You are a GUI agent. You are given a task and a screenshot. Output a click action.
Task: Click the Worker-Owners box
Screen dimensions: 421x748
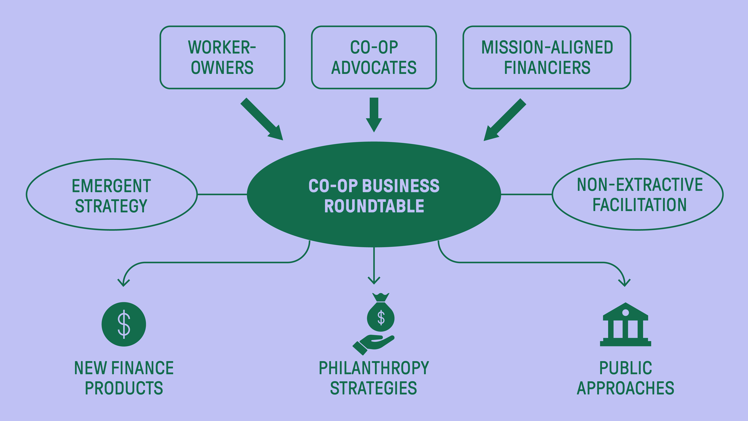tap(222, 57)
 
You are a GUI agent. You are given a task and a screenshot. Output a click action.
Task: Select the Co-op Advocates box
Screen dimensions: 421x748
tap(374, 57)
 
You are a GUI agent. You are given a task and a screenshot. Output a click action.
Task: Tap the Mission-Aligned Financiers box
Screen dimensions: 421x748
tap(547, 57)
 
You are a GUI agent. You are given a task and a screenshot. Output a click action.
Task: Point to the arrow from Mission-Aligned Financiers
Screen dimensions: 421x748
tap(505, 119)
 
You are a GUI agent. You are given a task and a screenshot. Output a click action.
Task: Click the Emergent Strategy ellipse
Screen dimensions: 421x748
tap(111, 195)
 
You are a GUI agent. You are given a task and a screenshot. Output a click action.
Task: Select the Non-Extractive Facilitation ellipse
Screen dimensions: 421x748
tap(638, 195)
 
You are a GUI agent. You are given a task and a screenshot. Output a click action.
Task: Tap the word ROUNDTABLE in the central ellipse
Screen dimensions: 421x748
tap(374, 206)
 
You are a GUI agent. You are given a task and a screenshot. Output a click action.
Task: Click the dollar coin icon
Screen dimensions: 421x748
tap(124, 324)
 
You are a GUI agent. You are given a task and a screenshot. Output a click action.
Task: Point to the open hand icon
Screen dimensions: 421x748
tap(373, 344)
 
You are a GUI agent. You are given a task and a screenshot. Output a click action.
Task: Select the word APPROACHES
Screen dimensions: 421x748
tap(626, 388)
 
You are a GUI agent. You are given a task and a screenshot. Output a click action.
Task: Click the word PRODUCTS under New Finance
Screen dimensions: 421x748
tap(124, 388)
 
